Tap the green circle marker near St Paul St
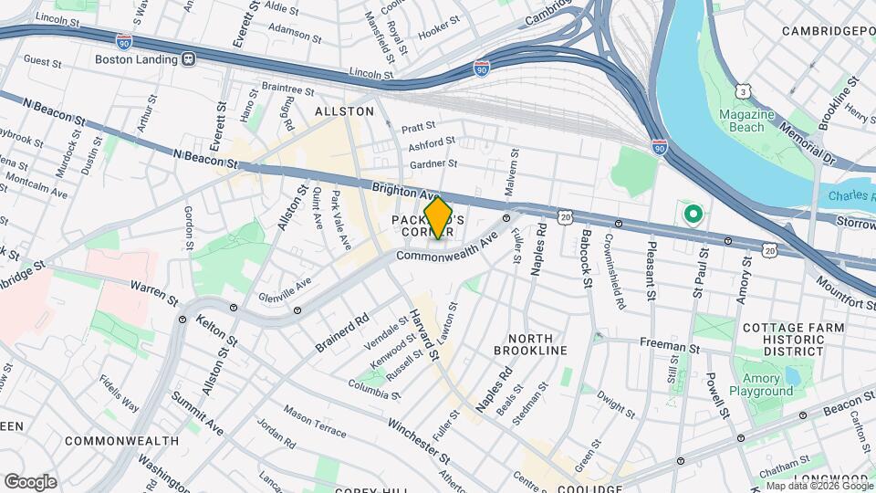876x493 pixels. [693, 215]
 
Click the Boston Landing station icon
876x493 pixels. [189, 59]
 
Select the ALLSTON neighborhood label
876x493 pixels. [344, 111]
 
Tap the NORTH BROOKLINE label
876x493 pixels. [530, 344]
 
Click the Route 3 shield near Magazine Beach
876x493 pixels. [745, 92]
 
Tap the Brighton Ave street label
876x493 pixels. [402, 190]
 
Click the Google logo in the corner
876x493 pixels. [30, 481]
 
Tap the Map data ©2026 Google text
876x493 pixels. [818, 486]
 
